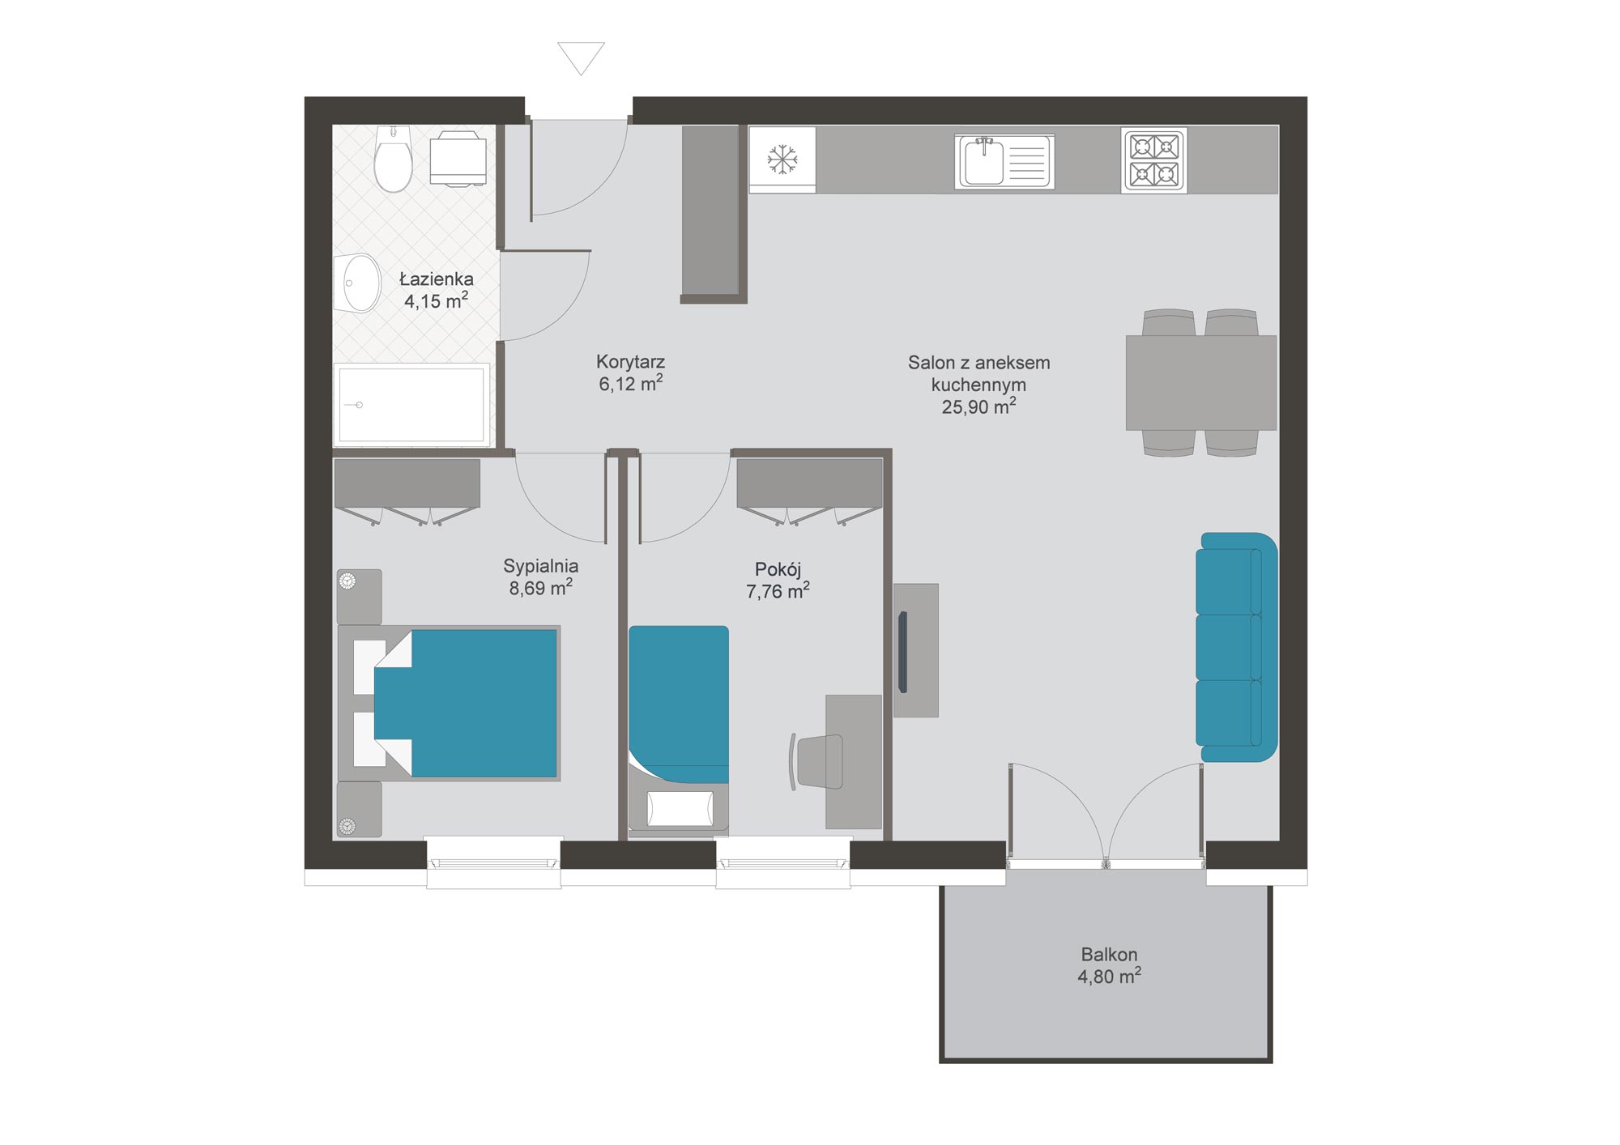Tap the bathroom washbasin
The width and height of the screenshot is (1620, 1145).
(357, 283)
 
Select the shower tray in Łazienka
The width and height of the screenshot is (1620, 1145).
(412, 404)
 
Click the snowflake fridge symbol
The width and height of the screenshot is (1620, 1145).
(782, 159)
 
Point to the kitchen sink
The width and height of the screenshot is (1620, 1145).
(1004, 162)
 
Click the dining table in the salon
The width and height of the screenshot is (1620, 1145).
(1201, 382)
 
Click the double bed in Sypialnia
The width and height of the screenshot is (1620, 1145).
(449, 703)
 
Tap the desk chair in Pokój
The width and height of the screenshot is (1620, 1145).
(816, 761)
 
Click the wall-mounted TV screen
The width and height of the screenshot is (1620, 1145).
(902, 652)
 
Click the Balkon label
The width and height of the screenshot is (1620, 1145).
(1109, 954)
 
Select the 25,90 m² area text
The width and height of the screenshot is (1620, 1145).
(978, 406)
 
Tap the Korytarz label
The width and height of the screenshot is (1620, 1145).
(630, 361)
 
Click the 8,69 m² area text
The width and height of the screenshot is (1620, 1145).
(540, 587)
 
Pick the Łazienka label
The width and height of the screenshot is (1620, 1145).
(437, 279)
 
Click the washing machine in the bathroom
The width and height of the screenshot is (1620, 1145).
(458, 159)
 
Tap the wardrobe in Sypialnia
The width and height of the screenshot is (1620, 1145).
(407, 490)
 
